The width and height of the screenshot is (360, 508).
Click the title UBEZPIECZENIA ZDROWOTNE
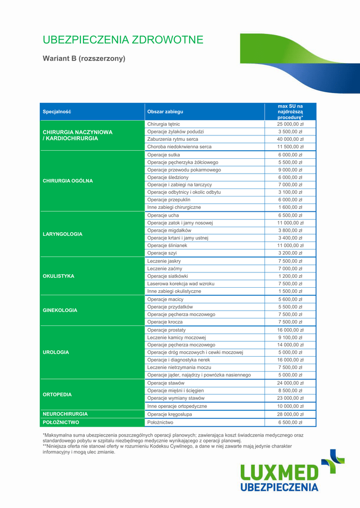(x=123, y=40)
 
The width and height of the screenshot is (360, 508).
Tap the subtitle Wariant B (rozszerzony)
(x=84, y=59)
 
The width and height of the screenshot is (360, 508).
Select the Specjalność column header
(x=57, y=112)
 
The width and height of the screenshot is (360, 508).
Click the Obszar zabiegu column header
(x=165, y=112)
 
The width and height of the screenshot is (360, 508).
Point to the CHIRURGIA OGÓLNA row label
(x=68, y=181)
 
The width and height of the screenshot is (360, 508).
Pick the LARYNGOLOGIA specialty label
(x=63, y=234)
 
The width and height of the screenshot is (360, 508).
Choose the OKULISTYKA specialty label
(x=59, y=276)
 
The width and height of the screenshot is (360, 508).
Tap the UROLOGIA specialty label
(x=56, y=352)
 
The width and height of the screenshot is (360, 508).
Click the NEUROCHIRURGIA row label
(x=65, y=413)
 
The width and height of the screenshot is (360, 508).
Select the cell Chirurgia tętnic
(x=164, y=124)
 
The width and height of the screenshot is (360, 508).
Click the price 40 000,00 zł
(x=290, y=139)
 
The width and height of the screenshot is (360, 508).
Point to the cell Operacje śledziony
(x=168, y=177)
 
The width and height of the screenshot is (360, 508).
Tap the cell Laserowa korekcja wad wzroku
(x=181, y=284)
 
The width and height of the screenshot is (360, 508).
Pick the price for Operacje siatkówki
(x=290, y=276)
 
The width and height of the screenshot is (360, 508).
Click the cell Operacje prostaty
(x=166, y=330)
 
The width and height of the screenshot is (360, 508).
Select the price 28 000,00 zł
(x=290, y=414)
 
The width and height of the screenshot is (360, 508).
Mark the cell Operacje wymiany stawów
(x=176, y=398)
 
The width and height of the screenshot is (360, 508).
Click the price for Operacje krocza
(x=290, y=322)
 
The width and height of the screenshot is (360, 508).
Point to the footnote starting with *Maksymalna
(x=173, y=438)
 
